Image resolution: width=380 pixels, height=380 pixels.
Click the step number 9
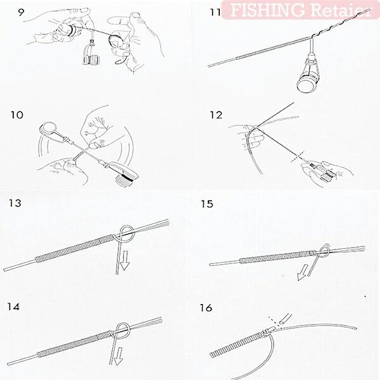click(21, 12)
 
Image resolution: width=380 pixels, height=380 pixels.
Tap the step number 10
click(16, 115)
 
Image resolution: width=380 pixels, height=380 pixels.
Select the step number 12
click(216, 115)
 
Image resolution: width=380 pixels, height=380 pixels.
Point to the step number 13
click(15, 203)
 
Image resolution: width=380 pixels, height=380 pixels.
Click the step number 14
click(13, 307)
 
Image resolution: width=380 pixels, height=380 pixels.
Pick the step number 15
click(207, 204)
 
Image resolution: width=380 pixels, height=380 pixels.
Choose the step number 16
click(206, 308)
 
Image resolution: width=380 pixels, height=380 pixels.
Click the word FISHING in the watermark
click(267, 10)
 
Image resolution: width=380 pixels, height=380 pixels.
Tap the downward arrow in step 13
click(125, 260)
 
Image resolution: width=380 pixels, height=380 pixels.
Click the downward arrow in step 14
click(119, 356)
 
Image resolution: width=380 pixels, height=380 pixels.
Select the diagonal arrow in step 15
click(303, 272)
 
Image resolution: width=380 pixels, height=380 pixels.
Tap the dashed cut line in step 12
click(298, 156)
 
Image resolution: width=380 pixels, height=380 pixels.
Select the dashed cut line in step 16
click(274, 322)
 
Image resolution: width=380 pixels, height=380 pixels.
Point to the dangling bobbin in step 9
click(91, 55)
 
